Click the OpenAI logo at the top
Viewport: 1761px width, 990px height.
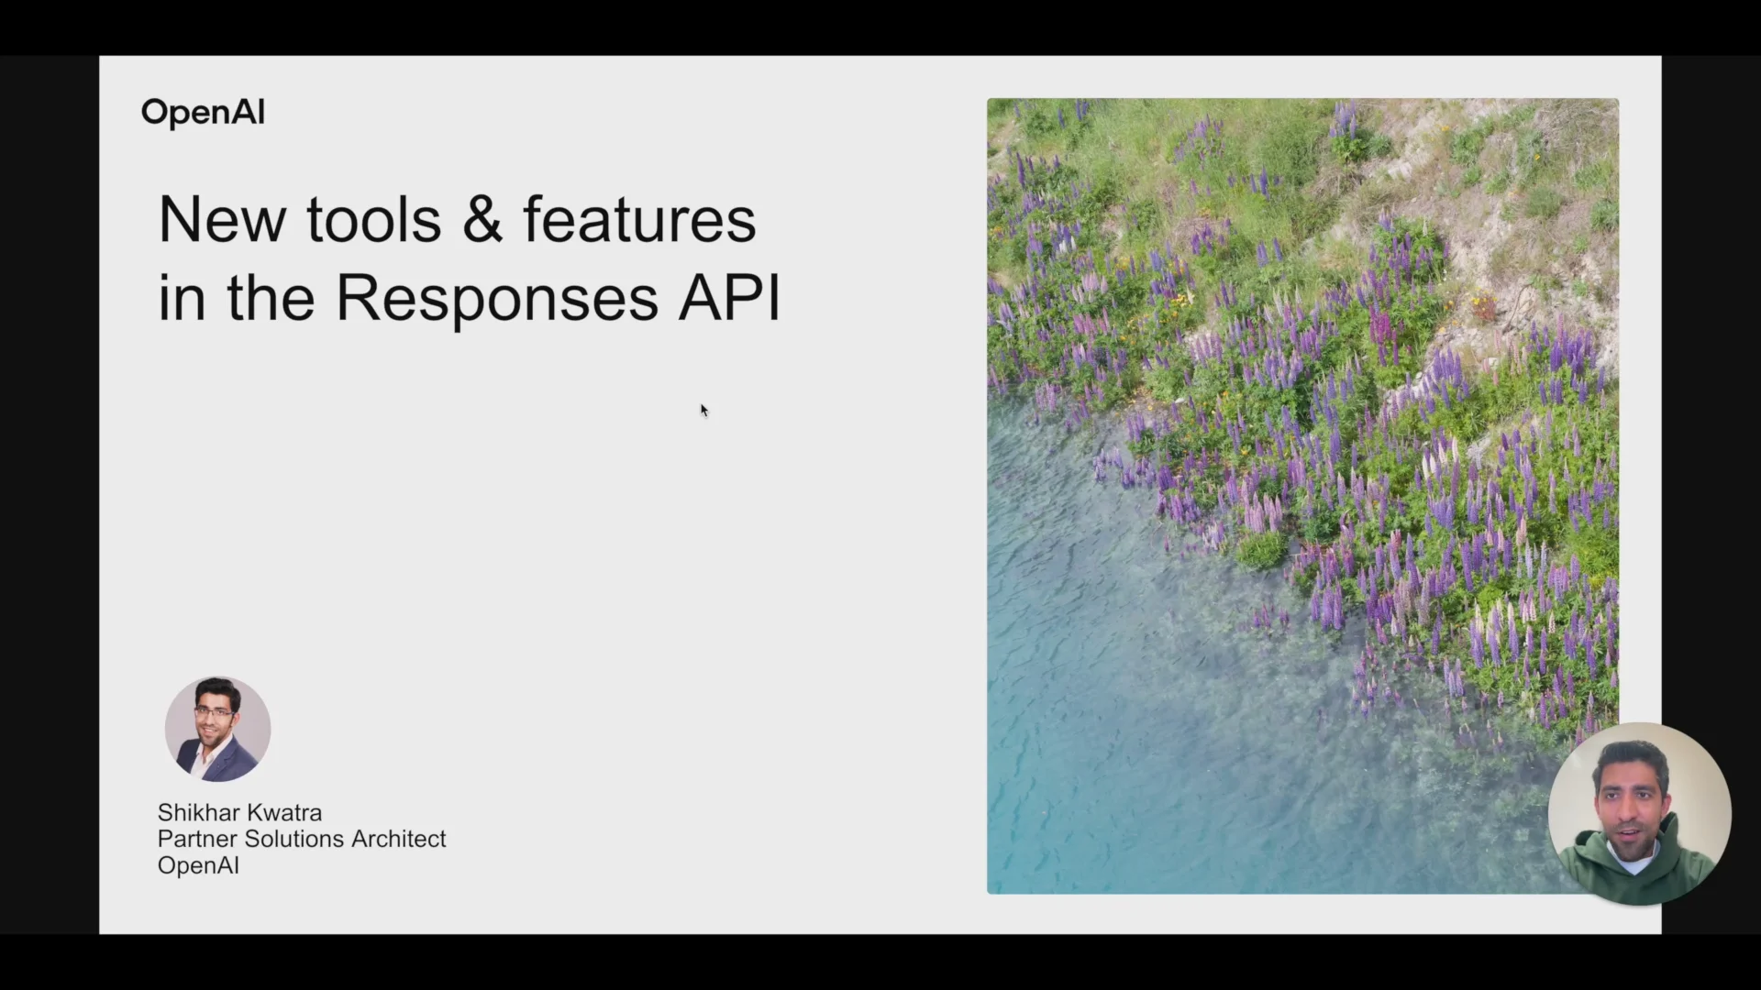pos(203,113)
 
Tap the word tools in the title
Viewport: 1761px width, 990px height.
pos(373,220)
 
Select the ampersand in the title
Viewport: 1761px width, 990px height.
pos(482,220)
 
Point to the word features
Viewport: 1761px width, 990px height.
pos(639,220)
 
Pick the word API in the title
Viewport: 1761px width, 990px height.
pos(729,298)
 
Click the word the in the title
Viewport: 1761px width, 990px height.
pos(271,298)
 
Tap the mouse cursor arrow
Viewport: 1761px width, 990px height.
pos(704,411)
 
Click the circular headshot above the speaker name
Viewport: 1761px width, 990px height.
pos(217,730)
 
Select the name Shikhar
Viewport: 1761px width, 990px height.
pos(194,813)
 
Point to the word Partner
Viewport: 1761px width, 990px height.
pos(197,839)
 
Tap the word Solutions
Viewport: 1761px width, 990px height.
pos(293,839)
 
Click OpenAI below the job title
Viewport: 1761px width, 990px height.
pos(198,865)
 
